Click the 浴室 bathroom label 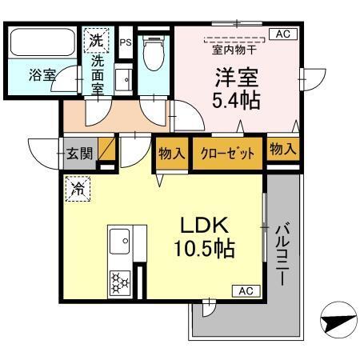click(x=42, y=76)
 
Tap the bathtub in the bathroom click(x=41, y=42)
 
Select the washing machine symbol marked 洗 click(x=96, y=39)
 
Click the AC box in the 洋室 click(x=282, y=34)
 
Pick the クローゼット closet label click(x=227, y=153)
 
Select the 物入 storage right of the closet click(x=282, y=150)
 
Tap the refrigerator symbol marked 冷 click(x=79, y=190)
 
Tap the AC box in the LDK click(x=245, y=290)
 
